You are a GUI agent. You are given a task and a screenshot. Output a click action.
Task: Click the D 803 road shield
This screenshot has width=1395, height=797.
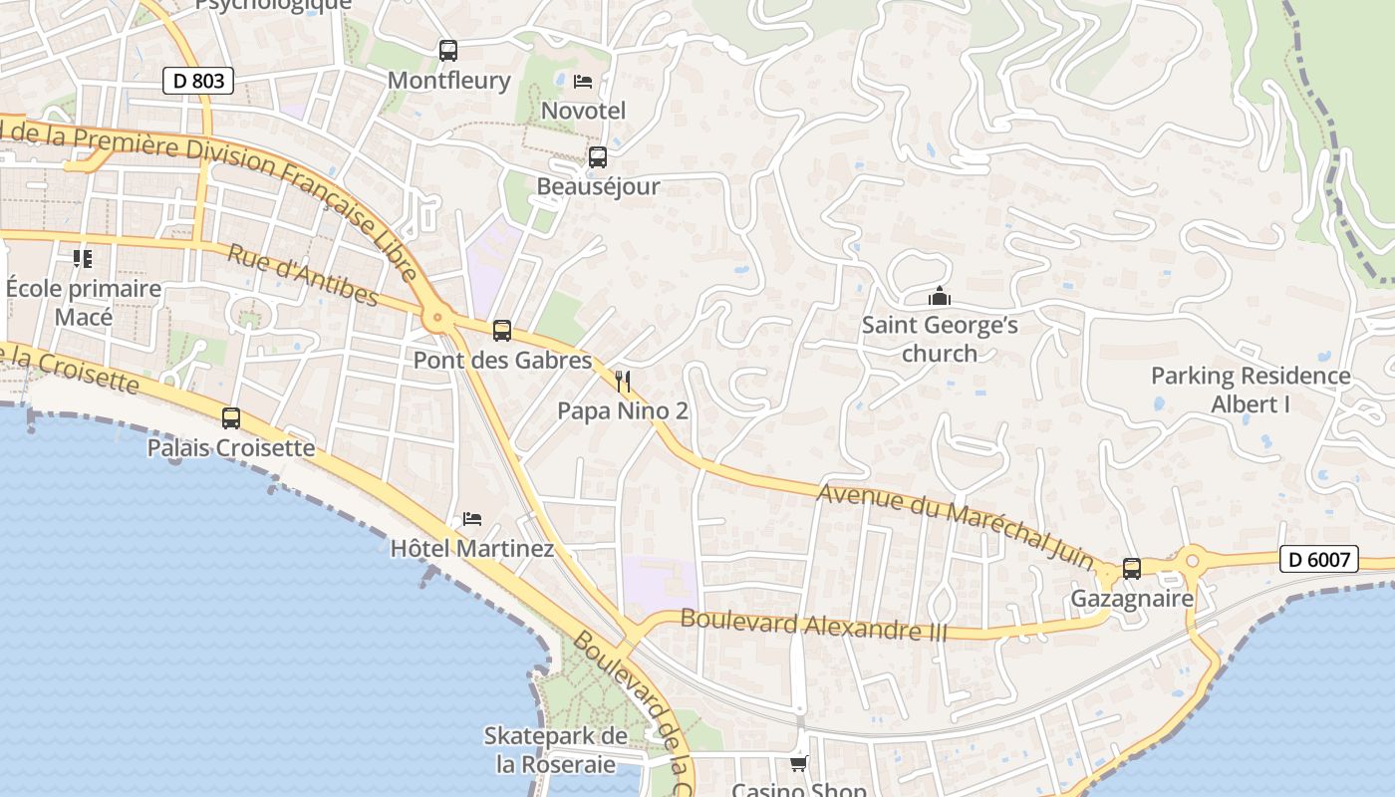click(198, 81)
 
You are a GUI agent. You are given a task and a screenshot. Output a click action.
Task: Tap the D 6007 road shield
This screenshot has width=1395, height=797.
click(1319, 559)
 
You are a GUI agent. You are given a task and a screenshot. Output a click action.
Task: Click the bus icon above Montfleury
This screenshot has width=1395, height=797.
click(448, 50)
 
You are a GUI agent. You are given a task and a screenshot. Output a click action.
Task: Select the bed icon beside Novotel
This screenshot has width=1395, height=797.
click(583, 81)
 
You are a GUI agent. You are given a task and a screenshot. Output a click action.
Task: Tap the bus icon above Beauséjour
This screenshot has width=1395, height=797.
click(598, 156)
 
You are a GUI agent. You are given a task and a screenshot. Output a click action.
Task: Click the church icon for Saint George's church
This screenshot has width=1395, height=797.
click(939, 296)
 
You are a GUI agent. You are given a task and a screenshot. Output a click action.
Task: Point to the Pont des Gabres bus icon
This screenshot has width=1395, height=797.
click(502, 330)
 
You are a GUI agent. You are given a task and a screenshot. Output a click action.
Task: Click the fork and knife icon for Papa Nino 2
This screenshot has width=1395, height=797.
click(623, 381)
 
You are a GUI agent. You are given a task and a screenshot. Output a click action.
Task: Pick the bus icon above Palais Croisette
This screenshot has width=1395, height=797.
click(231, 417)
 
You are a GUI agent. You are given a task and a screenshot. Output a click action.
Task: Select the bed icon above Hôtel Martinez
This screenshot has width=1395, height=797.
click(472, 518)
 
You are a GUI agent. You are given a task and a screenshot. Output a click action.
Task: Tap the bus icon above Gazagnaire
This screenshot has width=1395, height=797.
click(1132, 568)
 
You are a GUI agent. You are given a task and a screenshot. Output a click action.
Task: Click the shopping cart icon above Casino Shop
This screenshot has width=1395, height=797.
click(798, 763)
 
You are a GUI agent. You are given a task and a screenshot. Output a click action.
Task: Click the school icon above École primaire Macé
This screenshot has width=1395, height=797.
click(83, 259)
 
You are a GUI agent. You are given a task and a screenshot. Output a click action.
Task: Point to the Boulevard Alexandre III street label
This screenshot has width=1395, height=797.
click(813, 625)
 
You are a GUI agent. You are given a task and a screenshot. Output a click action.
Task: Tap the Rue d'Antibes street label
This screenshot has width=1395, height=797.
click(303, 275)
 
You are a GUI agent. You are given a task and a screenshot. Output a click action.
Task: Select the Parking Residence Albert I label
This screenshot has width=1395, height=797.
click(1251, 390)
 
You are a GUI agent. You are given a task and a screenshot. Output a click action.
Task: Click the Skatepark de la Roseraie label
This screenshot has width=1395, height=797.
click(555, 750)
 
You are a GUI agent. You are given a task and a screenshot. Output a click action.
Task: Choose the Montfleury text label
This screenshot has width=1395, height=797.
click(448, 81)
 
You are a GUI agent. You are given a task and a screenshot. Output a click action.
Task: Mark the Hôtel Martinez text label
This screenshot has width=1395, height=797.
click(471, 548)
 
